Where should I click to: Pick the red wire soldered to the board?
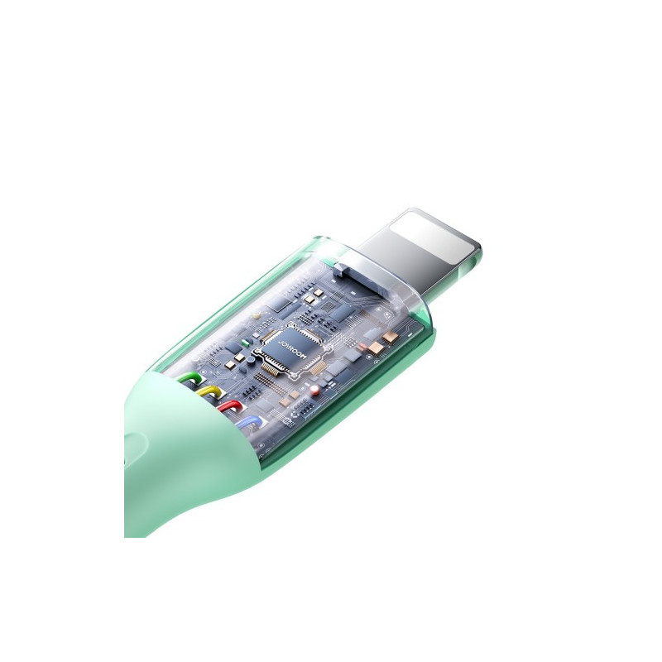click(x=230, y=407)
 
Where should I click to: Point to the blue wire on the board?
click(x=250, y=422)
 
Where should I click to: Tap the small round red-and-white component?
click(x=314, y=390)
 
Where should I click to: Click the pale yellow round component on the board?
click(x=256, y=315)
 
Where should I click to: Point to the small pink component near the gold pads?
click(x=362, y=347)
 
